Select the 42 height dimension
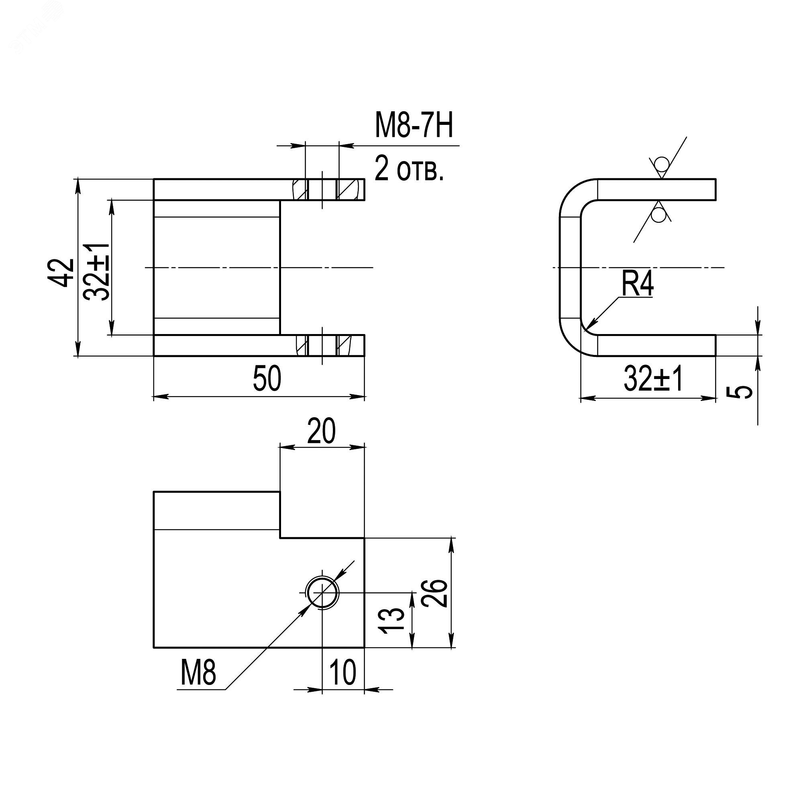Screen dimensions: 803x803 point(64,273)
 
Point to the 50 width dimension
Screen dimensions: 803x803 point(267,378)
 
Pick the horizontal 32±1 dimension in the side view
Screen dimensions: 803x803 point(653,379)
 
